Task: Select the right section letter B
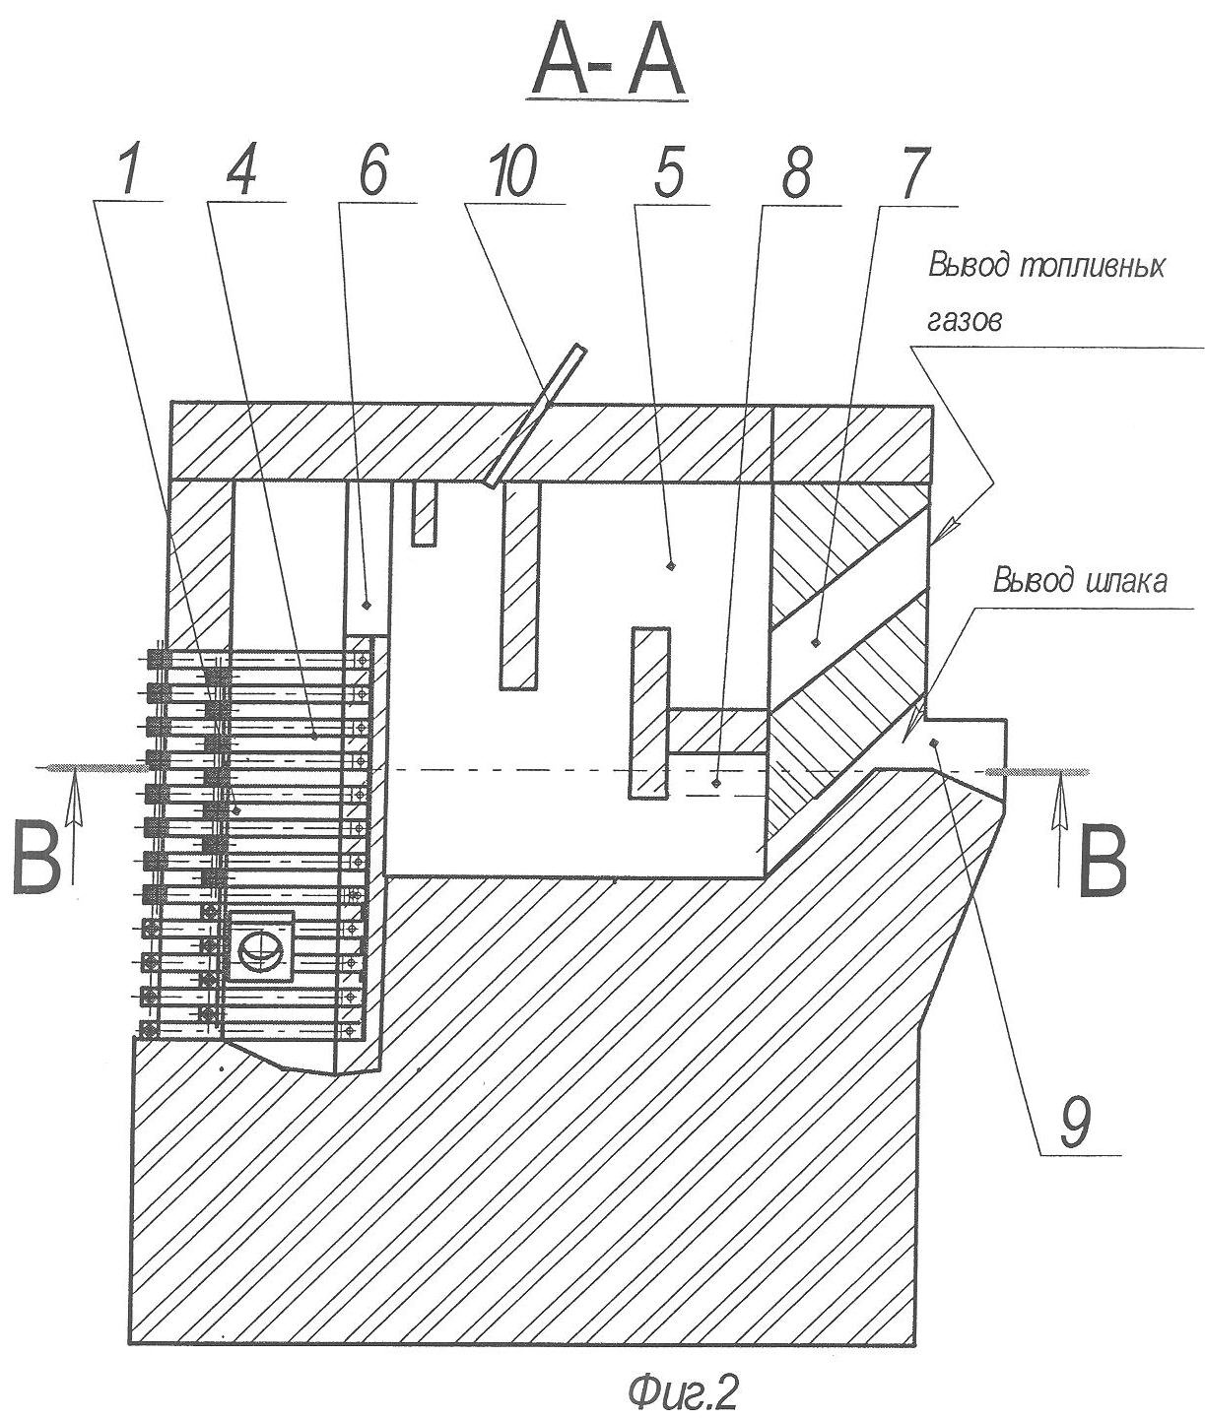pos(1102,863)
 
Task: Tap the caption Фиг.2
pos(682,1391)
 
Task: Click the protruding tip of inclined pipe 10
pos(582,348)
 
